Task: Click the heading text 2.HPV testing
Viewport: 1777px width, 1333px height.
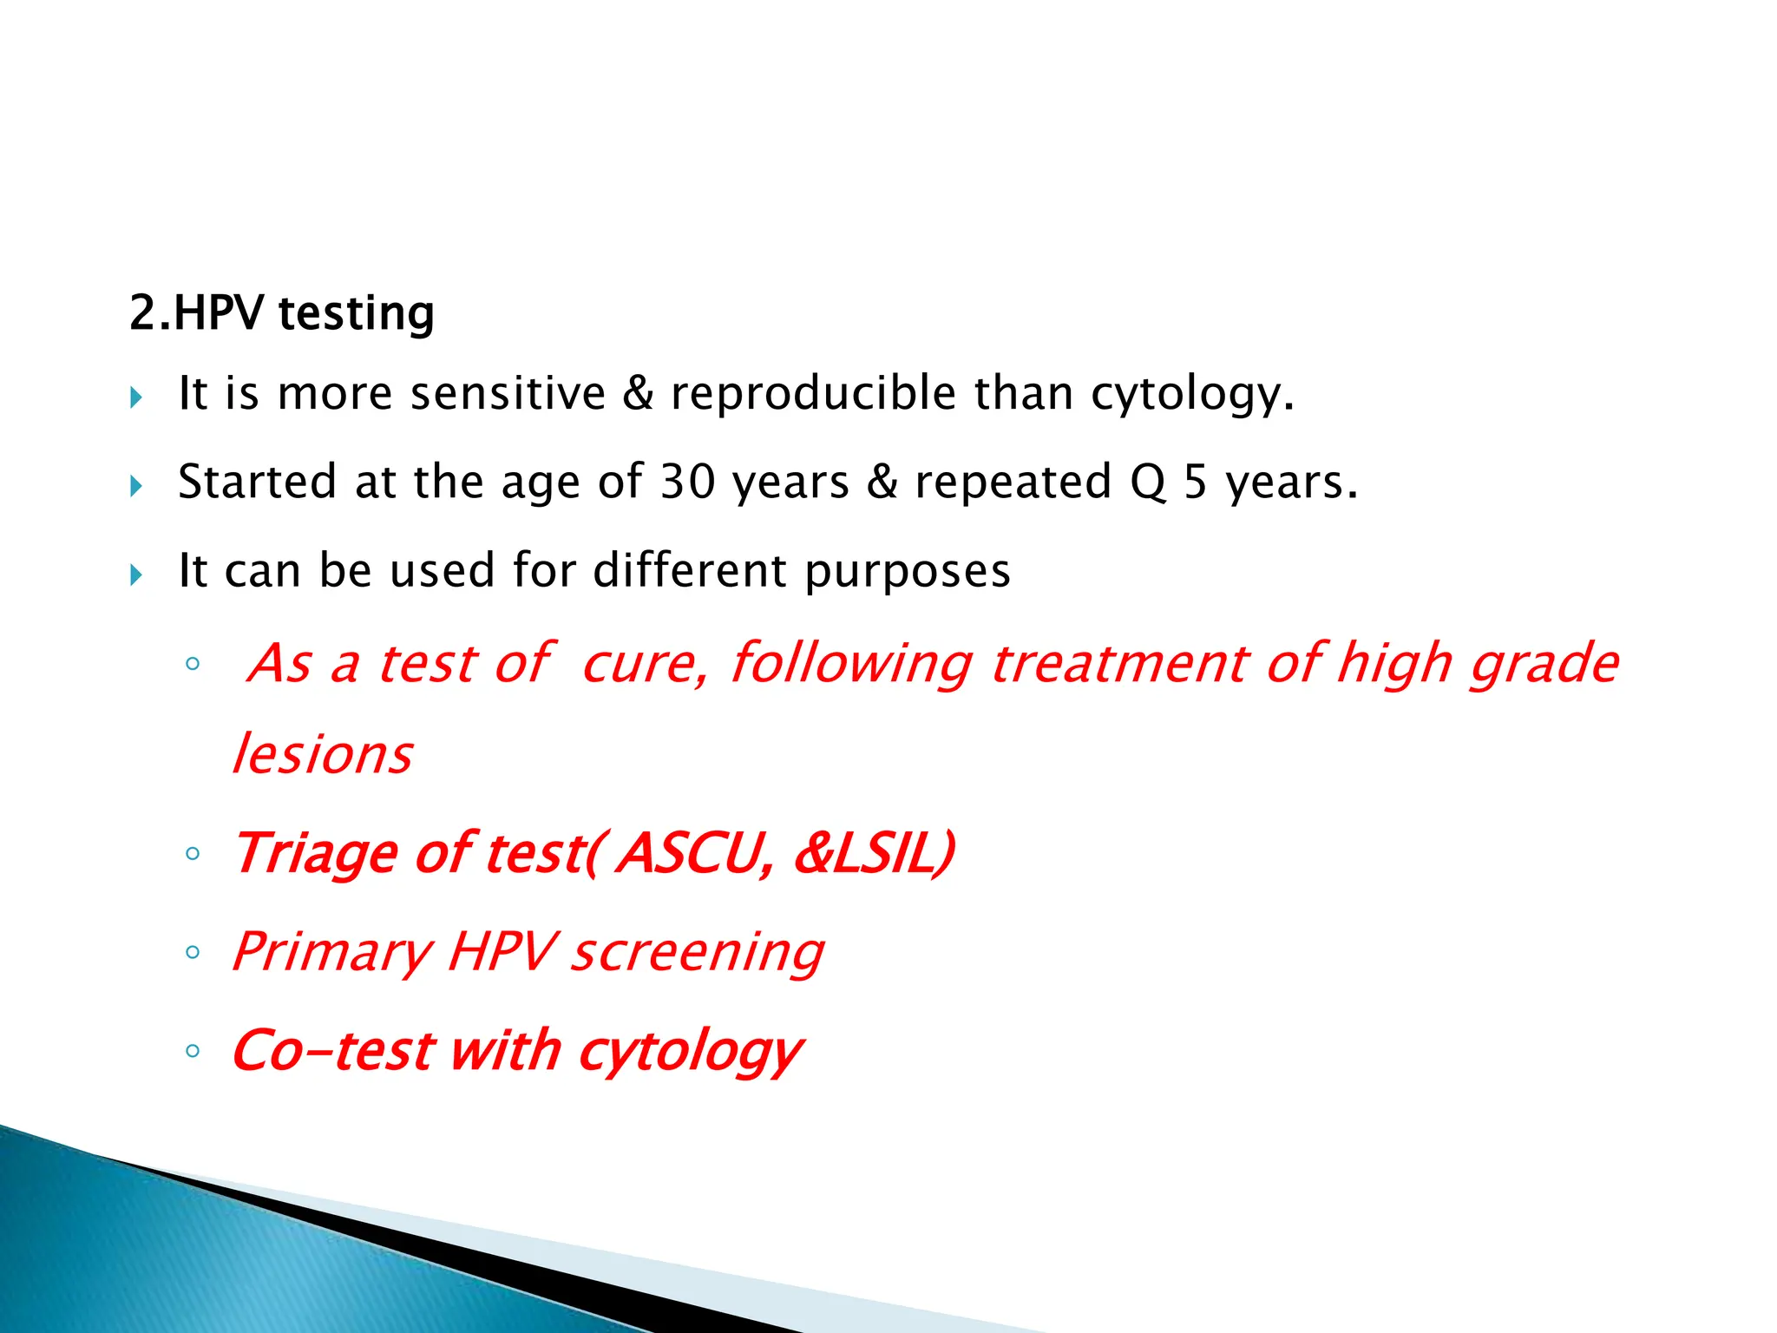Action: pos(282,313)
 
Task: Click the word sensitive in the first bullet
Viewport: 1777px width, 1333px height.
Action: pos(508,393)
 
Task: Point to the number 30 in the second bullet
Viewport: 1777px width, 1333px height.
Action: pos(688,482)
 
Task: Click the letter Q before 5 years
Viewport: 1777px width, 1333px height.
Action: pos(1148,483)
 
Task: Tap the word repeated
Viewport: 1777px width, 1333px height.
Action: pos(1013,483)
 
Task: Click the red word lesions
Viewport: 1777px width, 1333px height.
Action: pos(323,754)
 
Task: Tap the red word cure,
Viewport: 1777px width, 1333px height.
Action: pos(645,665)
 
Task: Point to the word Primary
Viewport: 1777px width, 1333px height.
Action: pos(332,953)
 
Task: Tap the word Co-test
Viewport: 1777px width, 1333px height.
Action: pos(332,1051)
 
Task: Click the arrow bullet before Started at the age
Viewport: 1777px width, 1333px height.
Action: pos(136,486)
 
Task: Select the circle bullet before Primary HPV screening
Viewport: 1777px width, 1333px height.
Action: pos(193,953)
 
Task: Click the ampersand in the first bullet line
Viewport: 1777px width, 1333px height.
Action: pos(638,393)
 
